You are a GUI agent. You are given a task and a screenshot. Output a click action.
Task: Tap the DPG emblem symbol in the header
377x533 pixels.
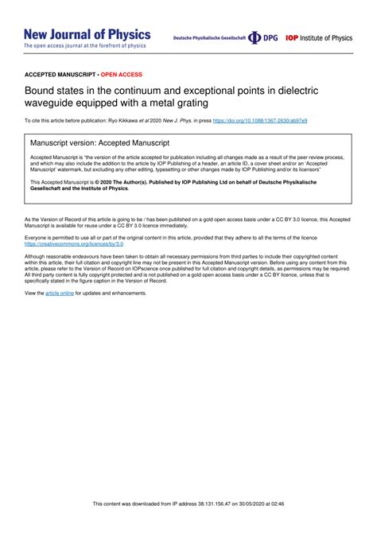click(255, 37)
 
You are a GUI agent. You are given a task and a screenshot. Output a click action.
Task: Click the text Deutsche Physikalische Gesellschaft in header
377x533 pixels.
click(209, 38)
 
